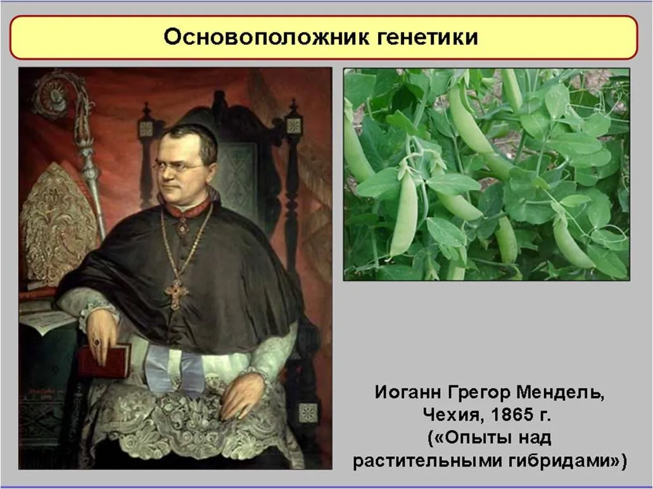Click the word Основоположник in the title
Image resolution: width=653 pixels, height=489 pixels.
[x=266, y=37]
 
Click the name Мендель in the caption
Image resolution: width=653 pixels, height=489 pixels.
[x=560, y=392]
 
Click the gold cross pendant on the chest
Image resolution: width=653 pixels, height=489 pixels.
[x=176, y=294]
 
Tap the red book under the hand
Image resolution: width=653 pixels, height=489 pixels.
[x=104, y=360]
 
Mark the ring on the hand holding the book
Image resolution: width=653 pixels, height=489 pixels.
[x=97, y=343]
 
